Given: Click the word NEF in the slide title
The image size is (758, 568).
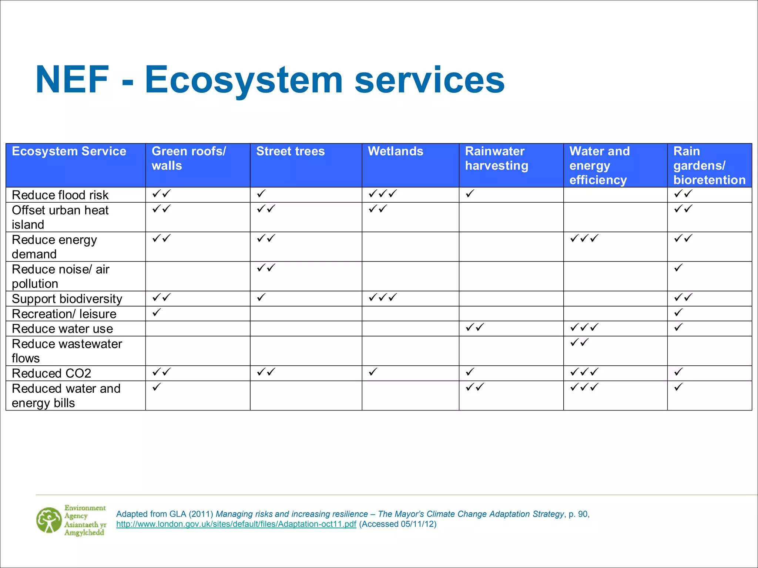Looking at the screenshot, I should (73, 80).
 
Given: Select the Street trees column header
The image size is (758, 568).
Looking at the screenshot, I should (290, 151).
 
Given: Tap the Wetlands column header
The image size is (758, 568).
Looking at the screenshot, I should (395, 151).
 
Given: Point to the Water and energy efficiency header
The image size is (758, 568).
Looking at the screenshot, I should (599, 165).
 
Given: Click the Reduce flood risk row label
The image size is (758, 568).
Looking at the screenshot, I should (60, 195).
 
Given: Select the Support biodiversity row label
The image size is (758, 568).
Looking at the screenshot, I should (67, 299).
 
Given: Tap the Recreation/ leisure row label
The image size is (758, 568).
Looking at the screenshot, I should (64, 314).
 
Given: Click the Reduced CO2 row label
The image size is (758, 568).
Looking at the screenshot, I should (51, 373).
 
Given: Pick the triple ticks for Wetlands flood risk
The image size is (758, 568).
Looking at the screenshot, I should (383, 193).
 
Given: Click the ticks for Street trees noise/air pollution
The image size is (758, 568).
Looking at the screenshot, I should (266, 268).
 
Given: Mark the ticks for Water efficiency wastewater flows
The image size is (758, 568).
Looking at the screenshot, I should (579, 342).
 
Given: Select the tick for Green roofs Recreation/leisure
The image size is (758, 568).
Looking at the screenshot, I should (157, 312).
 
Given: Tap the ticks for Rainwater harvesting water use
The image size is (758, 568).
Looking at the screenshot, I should (475, 327).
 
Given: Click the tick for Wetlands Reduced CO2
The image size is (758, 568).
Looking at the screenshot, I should (373, 372).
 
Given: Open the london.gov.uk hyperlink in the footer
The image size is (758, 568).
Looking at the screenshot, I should (236, 524).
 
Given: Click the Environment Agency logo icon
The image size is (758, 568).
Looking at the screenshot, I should (49, 520).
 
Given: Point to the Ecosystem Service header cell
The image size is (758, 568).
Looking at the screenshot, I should (69, 151).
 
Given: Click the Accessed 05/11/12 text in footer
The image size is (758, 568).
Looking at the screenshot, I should (398, 524).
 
